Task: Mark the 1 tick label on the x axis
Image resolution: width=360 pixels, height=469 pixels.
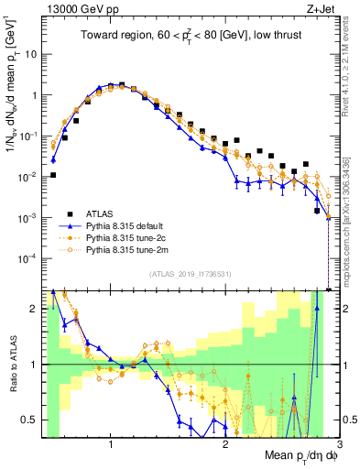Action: pyautogui.click(x=111, y=446)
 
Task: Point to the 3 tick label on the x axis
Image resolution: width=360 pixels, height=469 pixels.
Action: pyautogui.click(x=338, y=446)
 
